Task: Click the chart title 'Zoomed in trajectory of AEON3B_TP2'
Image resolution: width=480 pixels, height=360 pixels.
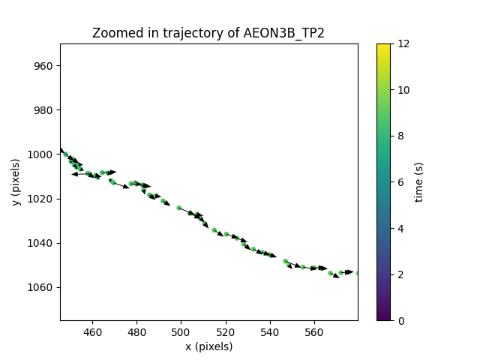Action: pos(208,33)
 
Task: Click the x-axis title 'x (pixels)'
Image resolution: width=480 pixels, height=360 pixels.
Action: pos(208,346)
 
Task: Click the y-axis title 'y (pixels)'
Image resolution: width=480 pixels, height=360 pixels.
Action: pos(16,182)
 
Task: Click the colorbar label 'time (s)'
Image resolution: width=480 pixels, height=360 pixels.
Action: pos(419,182)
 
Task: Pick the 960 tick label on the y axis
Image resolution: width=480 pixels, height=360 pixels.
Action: pos(43,66)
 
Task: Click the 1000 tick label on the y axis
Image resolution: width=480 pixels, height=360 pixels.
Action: pos(41,154)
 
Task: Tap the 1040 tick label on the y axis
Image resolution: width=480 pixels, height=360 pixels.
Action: pos(41,243)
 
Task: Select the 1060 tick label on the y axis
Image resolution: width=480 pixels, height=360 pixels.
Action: pos(41,287)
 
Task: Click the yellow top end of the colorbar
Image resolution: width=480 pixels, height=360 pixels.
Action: pos(383,46)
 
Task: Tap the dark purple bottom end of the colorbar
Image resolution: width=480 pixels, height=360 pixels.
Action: pos(383,318)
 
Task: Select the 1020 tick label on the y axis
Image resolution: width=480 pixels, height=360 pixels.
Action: pos(41,199)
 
